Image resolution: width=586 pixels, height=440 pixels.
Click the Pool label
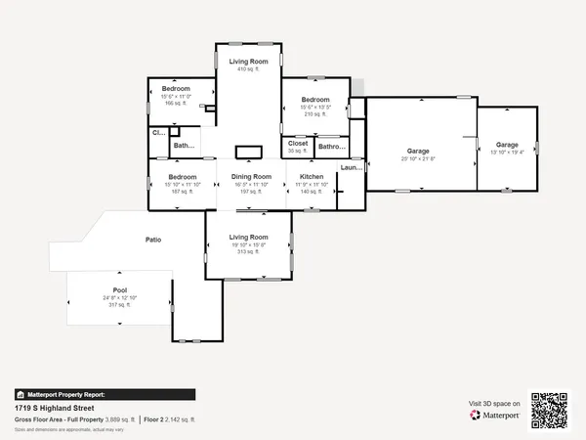(119, 290)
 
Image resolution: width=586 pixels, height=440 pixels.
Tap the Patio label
(153, 240)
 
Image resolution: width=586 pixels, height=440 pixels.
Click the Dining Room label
(250, 177)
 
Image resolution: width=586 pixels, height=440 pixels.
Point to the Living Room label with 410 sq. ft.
(248, 62)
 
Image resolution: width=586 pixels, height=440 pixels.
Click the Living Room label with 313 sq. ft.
(248, 237)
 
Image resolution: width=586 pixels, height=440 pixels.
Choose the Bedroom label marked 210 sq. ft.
(315, 100)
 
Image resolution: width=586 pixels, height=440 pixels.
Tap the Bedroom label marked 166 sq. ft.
(177, 90)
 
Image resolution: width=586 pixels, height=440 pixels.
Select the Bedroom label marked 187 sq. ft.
(169, 177)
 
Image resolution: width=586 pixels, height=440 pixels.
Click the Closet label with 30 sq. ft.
(298, 144)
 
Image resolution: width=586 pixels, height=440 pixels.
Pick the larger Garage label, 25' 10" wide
(418, 151)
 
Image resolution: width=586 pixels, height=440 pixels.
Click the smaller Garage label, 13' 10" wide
(506, 145)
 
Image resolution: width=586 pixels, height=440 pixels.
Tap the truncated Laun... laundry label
(351, 168)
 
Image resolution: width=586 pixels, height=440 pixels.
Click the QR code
(549, 411)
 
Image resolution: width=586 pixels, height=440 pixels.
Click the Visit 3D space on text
(494, 402)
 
